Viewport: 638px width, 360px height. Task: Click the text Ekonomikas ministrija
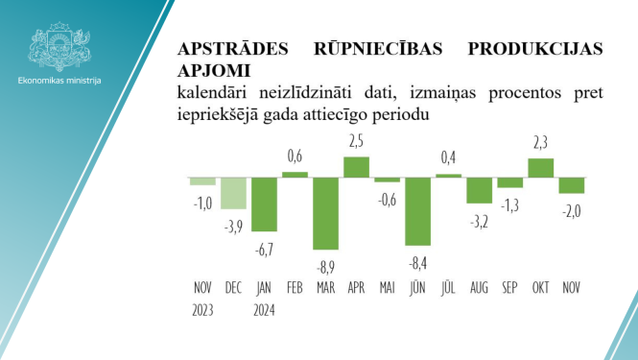point(59,81)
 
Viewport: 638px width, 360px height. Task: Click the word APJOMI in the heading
point(214,70)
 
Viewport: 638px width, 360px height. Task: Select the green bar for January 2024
point(264,204)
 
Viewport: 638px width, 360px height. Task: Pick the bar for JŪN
point(417,211)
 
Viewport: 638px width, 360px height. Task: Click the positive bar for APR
point(356,167)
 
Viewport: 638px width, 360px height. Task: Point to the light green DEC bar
point(233,193)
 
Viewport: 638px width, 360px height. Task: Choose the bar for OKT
point(541,168)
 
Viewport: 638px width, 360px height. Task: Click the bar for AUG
point(479,190)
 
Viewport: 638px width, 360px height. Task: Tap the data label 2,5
point(356,141)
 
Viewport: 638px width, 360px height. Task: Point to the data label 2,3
point(540,143)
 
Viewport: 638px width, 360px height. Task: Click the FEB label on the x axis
point(295,286)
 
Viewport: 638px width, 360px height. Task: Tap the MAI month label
point(387,286)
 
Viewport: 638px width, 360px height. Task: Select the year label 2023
point(202,309)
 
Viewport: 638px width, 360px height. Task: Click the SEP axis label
point(509,286)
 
